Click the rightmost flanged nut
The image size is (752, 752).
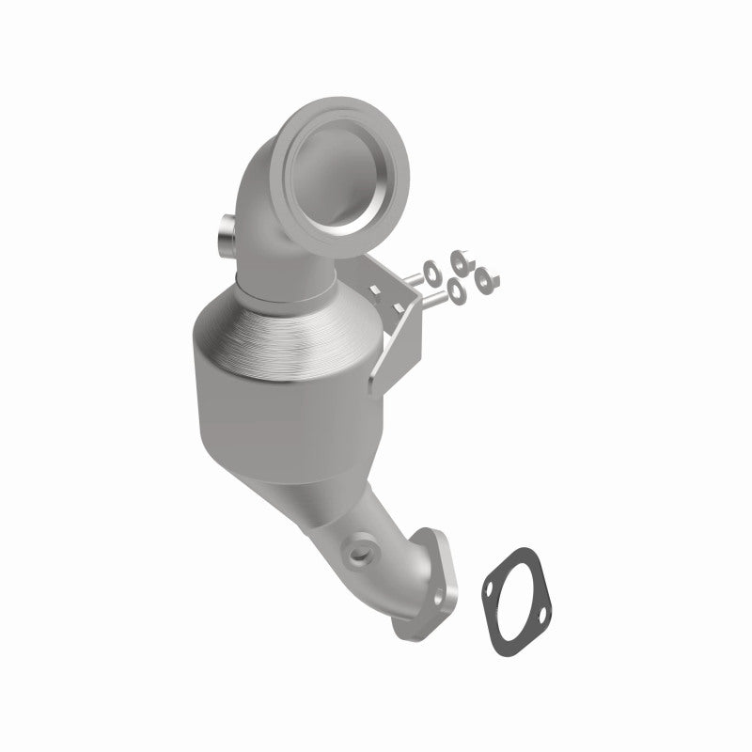pos(487,276)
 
